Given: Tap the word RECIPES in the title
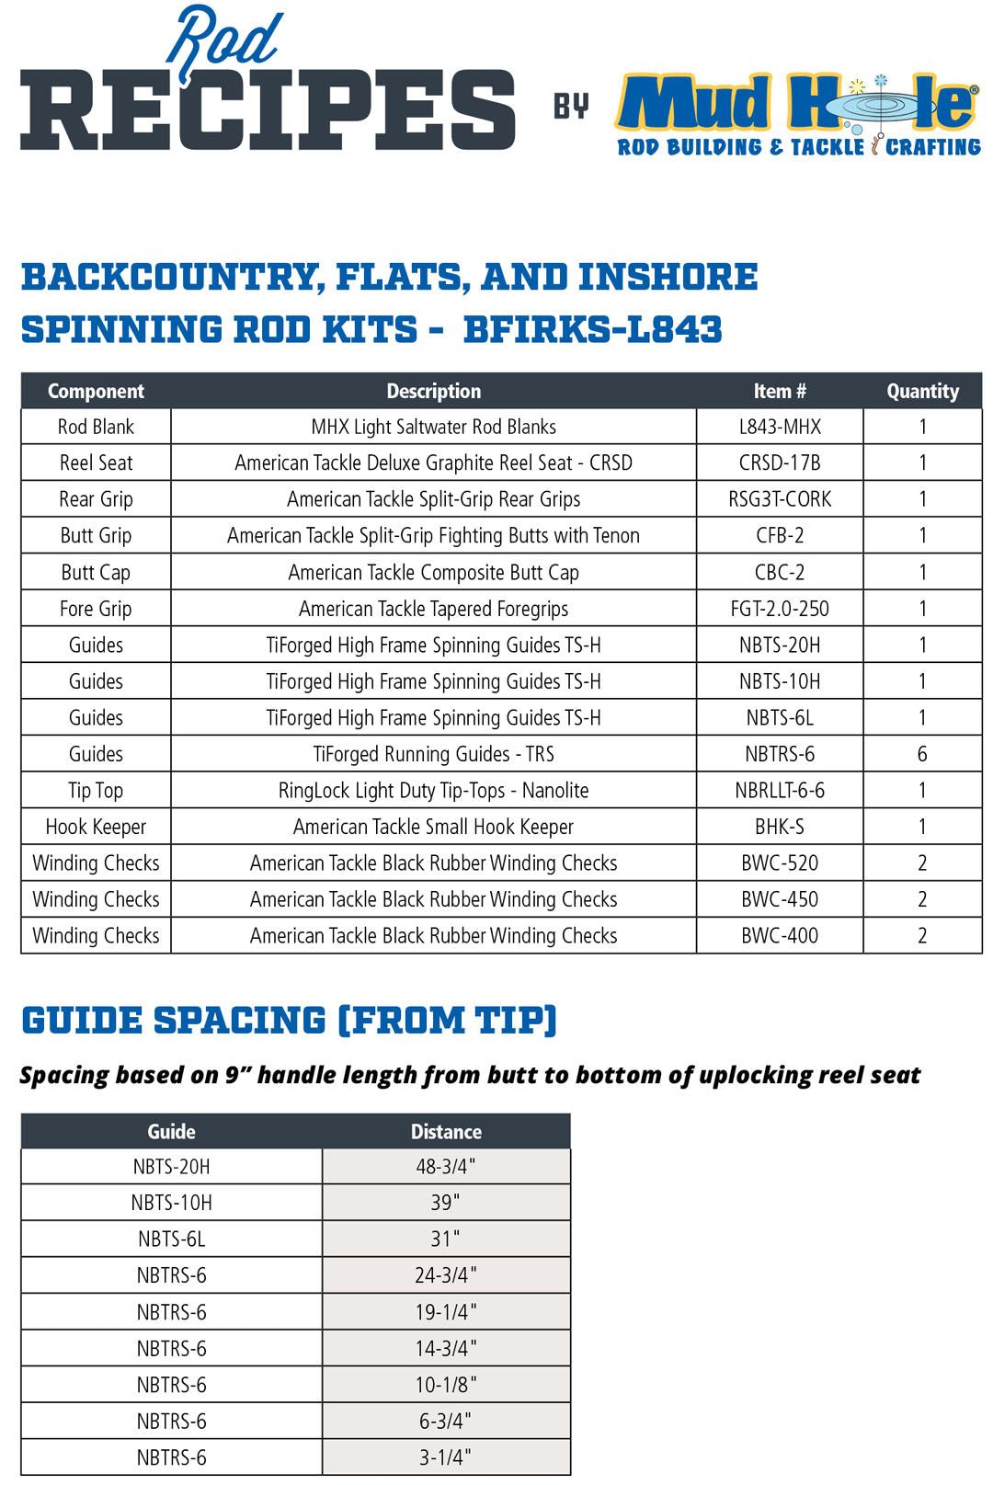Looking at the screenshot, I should pyautogui.click(x=268, y=110).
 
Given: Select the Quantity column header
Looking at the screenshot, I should pyautogui.click(x=922, y=392).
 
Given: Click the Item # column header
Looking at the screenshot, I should pyautogui.click(x=779, y=392).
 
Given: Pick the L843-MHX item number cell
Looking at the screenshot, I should pyautogui.click(x=779, y=427).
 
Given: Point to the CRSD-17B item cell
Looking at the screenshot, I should pyautogui.click(x=779, y=463).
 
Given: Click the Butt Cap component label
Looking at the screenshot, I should pyautogui.click(x=96, y=573).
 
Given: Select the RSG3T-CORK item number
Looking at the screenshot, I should pyautogui.click(x=779, y=499).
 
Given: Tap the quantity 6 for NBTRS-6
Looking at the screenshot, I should pyautogui.click(x=922, y=755).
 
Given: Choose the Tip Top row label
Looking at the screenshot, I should pyautogui.click(x=96, y=791).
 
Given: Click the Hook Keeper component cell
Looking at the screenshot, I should pyautogui.click(x=96, y=828).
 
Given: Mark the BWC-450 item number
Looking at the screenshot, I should pyautogui.click(x=779, y=900).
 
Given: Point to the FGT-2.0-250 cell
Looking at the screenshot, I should pyautogui.click(x=779, y=609).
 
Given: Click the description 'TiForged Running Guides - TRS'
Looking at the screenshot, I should pyautogui.click(x=433, y=755).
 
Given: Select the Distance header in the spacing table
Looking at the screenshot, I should pyautogui.click(x=446, y=1132).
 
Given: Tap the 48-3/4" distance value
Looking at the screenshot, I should pyautogui.click(x=446, y=1167).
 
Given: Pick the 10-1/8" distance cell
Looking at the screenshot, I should pyautogui.click(x=446, y=1385).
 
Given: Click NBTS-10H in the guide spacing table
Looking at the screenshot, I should pyautogui.click(x=171, y=1203).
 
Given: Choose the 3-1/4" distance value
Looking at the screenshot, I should pyautogui.click(x=446, y=1457).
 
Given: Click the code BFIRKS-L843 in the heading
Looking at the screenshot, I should pyautogui.click(x=592, y=329).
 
